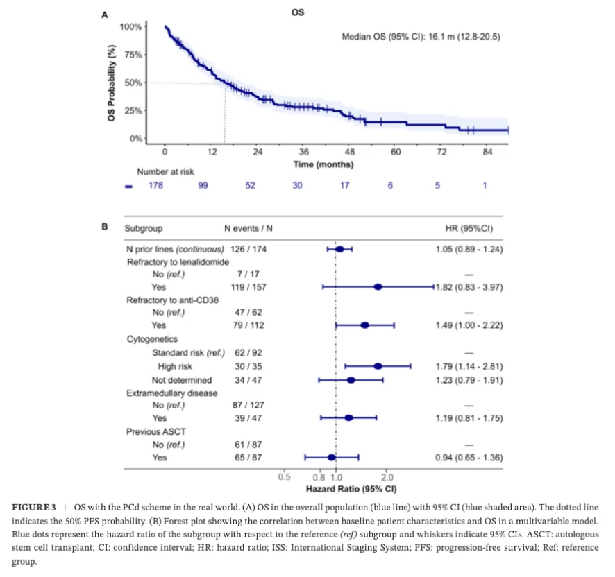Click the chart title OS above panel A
(298, 12)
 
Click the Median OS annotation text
(421, 37)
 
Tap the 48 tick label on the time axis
(350, 152)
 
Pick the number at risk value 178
(155, 185)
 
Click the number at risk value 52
(250, 185)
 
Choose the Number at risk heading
(165, 172)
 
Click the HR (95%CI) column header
(469, 227)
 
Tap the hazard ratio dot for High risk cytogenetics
(378, 365)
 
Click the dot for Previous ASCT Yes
(332, 457)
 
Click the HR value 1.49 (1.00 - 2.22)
(469, 325)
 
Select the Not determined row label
(182, 380)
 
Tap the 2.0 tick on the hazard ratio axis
(387, 477)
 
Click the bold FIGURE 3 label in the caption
(33, 508)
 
